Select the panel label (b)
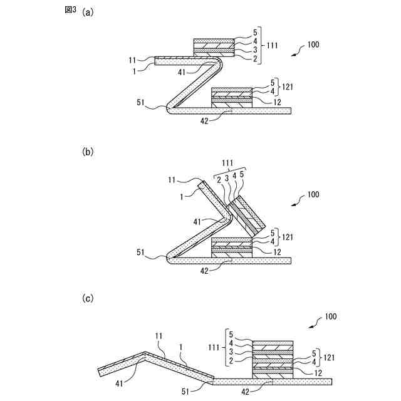point(88,152)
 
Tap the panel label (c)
point(88,298)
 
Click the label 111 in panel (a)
point(273,46)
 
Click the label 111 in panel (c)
point(215,348)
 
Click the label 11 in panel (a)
point(132,60)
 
